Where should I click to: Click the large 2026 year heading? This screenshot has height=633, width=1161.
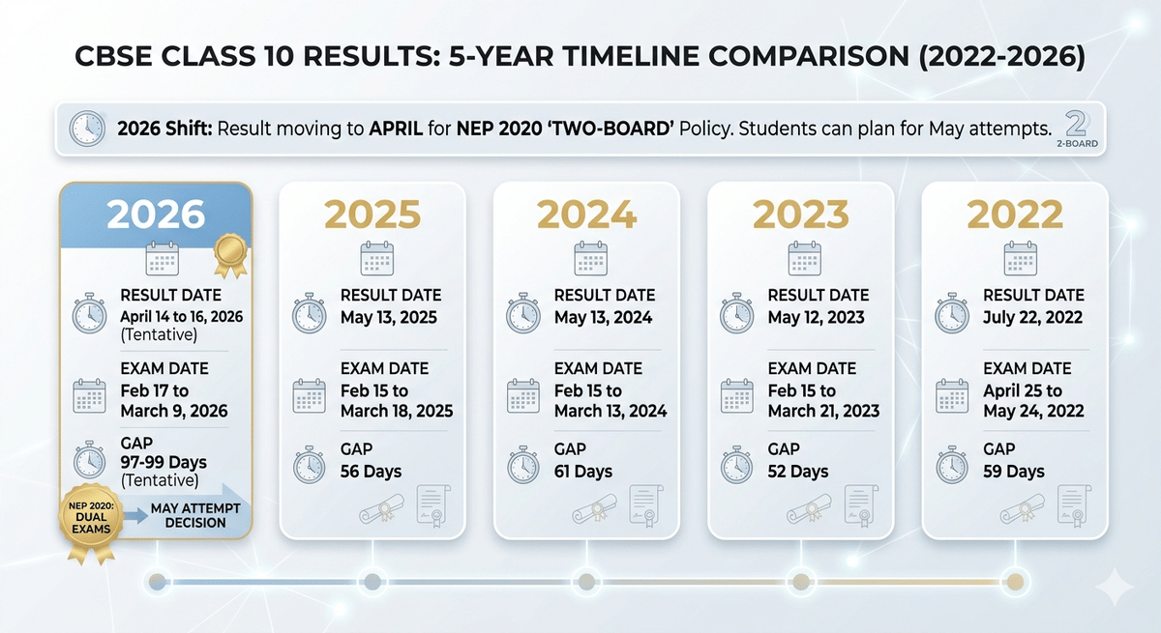[x=157, y=214]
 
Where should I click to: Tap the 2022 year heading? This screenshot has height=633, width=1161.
[x=1015, y=214]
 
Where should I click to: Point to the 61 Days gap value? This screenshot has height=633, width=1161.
[x=583, y=472]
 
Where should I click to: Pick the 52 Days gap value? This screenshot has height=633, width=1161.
[x=798, y=472]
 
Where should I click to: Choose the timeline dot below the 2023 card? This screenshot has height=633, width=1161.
[x=800, y=581]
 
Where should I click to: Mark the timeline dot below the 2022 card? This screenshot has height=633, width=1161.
[x=1014, y=581]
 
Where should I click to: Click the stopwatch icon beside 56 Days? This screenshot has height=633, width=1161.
[x=310, y=464]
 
